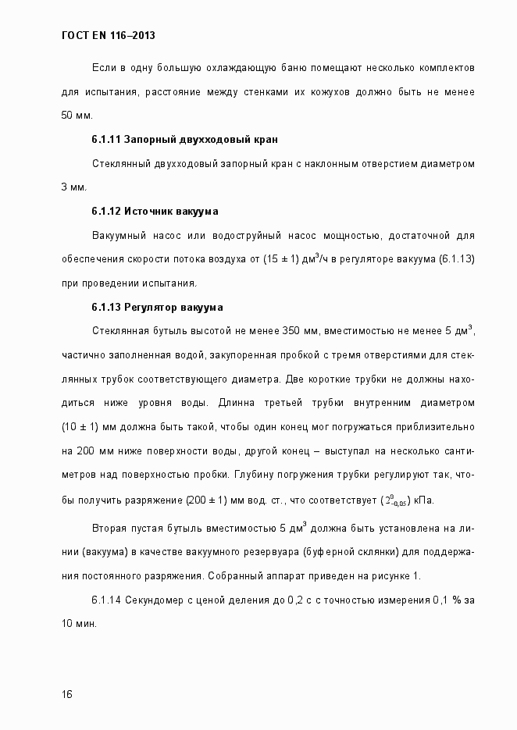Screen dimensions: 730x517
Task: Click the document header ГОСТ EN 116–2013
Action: tap(113, 36)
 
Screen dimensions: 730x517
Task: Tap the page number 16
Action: tap(66, 694)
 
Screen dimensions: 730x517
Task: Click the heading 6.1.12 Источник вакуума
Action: tap(155, 212)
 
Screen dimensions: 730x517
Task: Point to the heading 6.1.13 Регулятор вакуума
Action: tap(158, 307)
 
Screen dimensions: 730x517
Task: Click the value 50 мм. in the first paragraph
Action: tap(77, 116)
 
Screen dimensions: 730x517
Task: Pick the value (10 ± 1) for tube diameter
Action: tap(80, 427)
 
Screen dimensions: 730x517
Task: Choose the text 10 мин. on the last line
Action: tap(79, 625)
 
